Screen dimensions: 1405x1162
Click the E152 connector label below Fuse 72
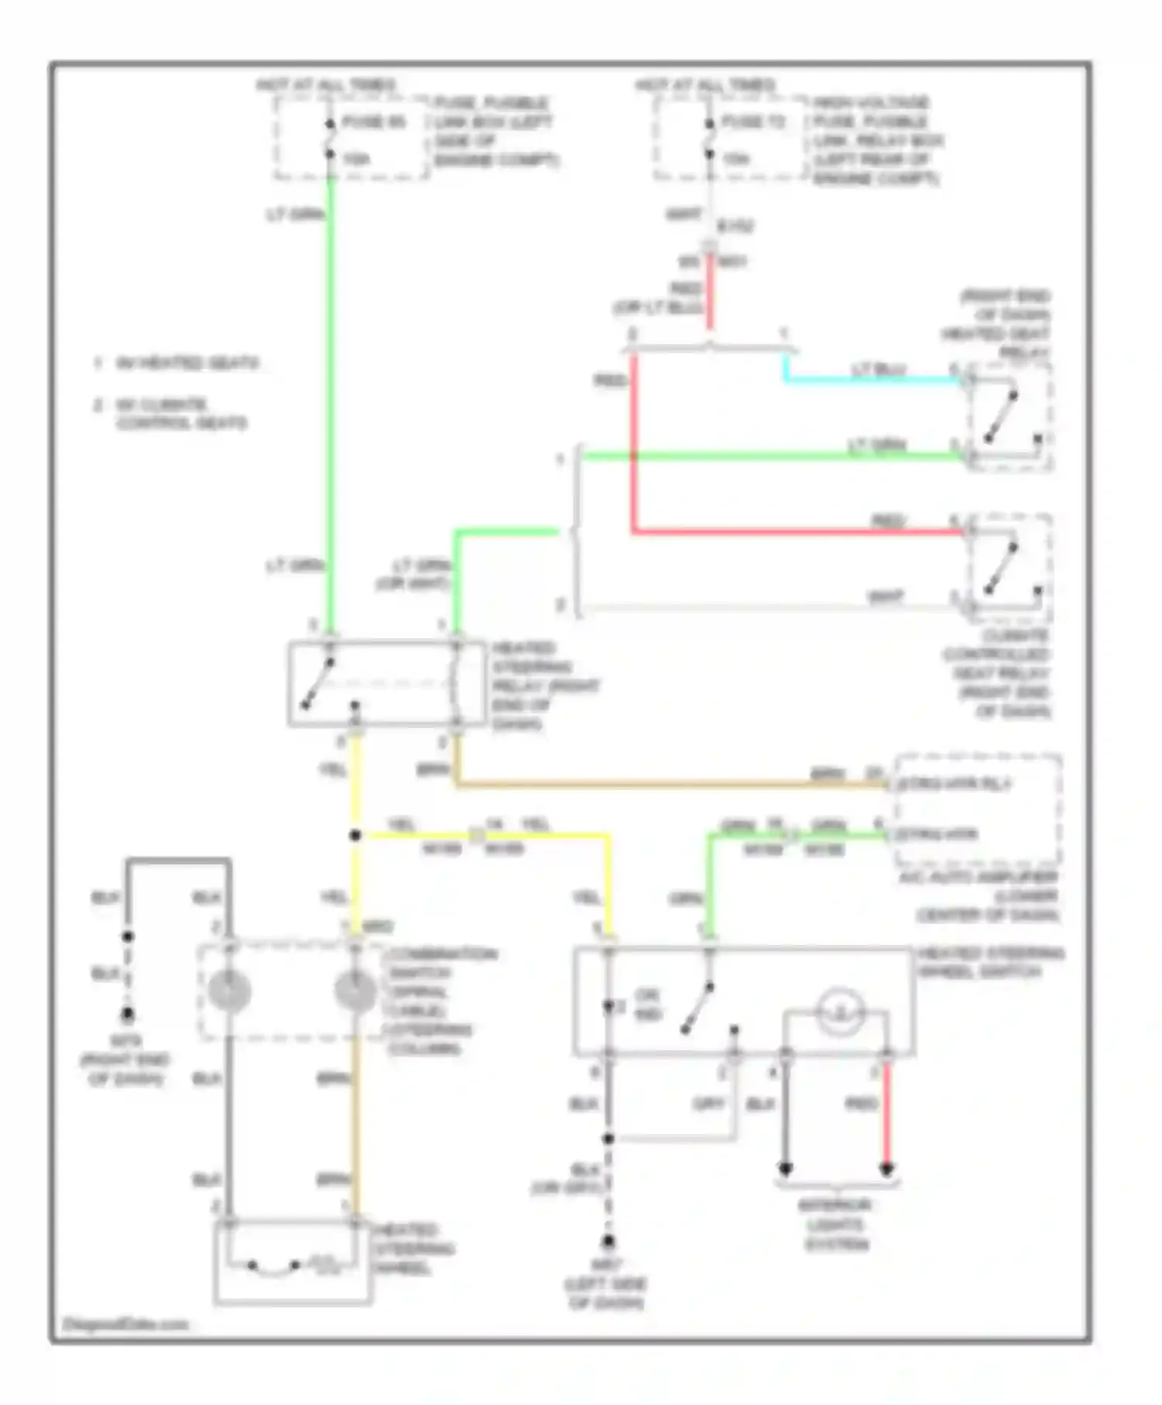735,226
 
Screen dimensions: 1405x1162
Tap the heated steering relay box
376,684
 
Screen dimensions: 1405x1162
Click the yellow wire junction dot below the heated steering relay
355,835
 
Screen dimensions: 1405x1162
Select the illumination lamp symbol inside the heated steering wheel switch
839,1011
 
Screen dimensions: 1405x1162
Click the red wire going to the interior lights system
887,1115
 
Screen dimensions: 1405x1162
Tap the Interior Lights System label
835,1225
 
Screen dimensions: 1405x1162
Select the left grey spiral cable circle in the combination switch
229,991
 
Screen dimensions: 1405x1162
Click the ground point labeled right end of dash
127,1015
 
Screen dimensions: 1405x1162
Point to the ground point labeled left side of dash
608,1242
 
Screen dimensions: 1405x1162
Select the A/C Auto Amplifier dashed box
978,809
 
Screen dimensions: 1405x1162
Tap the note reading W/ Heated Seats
186,363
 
